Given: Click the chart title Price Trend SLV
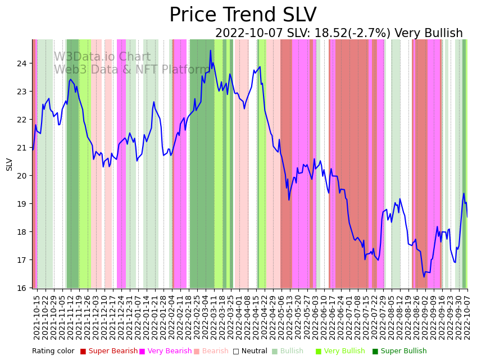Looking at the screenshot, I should tap(243, 15).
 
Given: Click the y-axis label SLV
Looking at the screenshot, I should tap(10, 164).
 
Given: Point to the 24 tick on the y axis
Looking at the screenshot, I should tap(21, 63).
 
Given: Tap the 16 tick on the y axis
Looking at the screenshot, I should tap(21, 288).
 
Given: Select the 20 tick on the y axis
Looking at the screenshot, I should tap(21, 176).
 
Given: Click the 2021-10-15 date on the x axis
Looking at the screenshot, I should tap(37, 317).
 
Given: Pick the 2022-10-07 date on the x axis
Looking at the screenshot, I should tap(466, 317).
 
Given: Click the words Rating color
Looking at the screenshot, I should tap(53, 352).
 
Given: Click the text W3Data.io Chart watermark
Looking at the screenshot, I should tap(102, 57).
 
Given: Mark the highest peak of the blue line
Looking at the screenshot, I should tap(211, 51).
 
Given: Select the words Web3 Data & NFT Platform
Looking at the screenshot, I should tap(132, 70).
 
